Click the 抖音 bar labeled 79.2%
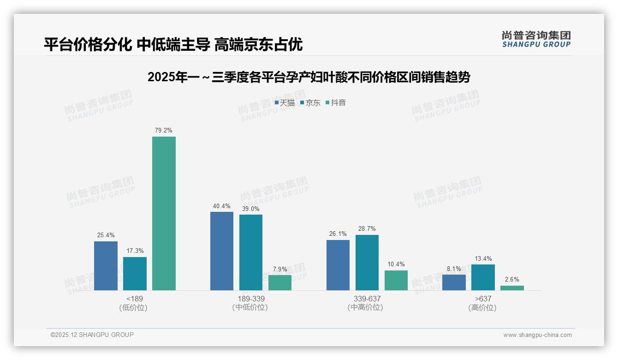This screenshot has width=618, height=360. pos(164,213)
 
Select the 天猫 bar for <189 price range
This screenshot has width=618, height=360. pos(106,266)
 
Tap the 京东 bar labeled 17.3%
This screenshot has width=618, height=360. pos(135,274)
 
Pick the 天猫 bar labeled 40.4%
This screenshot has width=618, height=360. pos(222,251)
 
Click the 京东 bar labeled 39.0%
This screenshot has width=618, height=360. pos(251,252)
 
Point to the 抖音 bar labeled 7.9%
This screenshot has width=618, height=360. pos(280,282)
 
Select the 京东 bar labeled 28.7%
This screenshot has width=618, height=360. pos(367,263)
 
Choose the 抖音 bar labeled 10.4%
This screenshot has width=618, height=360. pos(396,280)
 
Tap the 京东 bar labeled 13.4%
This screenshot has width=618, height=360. pos(483,277)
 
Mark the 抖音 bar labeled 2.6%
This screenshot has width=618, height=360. pos(512,288)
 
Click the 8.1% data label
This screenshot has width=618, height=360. pos(454,269)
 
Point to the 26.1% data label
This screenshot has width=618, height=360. pos(338,234)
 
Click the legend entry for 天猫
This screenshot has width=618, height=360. pos(285,102)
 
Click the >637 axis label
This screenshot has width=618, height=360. pos(482,299)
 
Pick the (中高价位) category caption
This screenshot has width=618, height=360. pos(365,307)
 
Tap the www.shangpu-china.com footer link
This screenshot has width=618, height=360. pos(537,335)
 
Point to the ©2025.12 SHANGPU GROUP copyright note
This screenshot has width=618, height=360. pos(92,335)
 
